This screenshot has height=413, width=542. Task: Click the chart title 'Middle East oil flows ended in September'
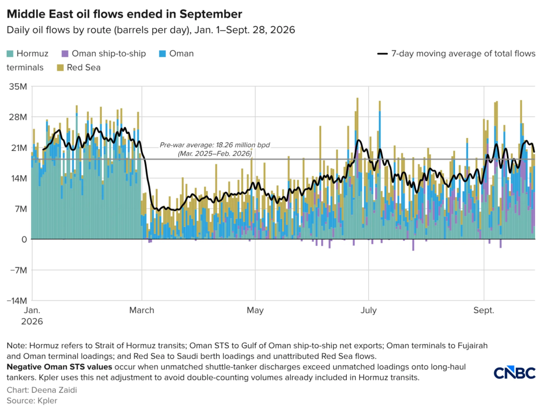[124, 14]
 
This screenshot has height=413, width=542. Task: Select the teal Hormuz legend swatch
[10, 54]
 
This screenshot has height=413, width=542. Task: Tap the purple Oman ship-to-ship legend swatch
[65, 54]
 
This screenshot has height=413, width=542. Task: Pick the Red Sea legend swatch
[61, 67]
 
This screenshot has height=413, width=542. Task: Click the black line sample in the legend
[382, 54]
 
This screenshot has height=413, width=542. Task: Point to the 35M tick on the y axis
[18, 86]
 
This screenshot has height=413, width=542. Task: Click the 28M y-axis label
[18, 117]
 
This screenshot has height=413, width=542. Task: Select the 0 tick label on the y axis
[24, 239]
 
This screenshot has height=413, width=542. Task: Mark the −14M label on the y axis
[17, 301]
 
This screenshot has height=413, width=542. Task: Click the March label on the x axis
[142, 310]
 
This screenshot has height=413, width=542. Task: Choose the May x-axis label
[255, 310]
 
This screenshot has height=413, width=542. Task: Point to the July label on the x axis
[368, 310]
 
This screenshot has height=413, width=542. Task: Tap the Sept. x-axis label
[484, 310]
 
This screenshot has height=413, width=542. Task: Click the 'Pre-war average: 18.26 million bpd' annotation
[215, 145]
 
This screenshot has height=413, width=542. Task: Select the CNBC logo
[514, 373]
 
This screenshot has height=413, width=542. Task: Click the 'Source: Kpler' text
[32, 400]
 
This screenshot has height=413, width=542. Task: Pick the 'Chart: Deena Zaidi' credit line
[42, 390]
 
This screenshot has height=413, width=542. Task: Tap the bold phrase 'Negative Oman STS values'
[59, 367]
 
